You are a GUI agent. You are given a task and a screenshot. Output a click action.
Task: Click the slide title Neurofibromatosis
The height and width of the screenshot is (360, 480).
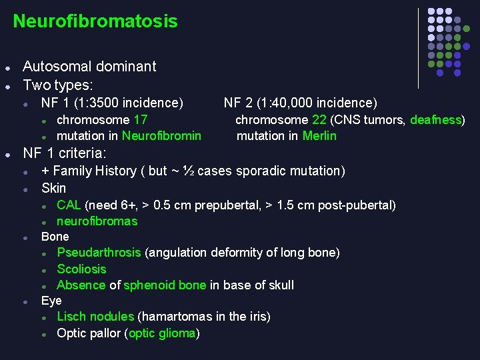[95, 21]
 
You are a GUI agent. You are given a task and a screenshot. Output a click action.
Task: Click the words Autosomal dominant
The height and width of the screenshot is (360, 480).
[89, 67]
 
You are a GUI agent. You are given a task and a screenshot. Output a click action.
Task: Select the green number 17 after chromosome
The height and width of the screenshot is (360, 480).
[141, 120]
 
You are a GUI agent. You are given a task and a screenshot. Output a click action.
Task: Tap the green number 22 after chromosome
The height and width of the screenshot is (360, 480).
[319, 120]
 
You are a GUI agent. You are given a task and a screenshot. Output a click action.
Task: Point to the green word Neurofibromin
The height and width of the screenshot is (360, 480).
[161, 136]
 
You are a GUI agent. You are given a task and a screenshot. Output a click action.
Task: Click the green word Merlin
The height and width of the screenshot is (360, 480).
[319, 136]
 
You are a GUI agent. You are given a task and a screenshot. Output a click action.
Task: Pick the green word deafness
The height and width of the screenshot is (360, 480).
[435, 120]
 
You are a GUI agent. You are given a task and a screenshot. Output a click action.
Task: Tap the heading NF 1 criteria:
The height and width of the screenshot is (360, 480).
[65, 153]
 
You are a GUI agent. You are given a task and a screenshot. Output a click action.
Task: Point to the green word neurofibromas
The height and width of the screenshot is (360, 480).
[97, 221]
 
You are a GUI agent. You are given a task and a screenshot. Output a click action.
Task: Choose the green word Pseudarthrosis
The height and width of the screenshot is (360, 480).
[99, 253]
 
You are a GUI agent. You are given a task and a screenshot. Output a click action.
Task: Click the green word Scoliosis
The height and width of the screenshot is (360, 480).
[81, 269]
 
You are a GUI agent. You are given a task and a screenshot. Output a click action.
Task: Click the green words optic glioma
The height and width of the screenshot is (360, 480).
[162, 333]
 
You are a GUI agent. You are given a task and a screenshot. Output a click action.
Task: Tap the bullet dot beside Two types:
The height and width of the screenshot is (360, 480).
[7, 86]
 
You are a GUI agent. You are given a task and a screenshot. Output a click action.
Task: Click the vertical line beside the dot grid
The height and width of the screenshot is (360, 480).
[418, 48]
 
